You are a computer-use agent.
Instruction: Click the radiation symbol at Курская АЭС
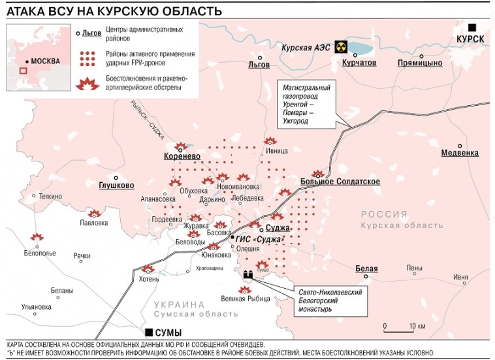340,47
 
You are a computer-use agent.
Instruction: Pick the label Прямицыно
421,63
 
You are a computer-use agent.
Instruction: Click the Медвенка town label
460,153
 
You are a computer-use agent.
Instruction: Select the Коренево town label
182,157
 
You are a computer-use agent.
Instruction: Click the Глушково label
116,185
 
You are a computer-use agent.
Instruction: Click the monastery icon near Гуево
248,275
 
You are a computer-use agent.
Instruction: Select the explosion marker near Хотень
148,269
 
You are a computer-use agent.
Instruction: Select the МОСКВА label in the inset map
44,61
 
